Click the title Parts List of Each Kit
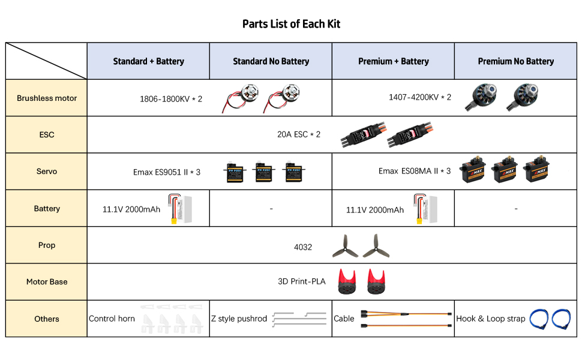(291, 24)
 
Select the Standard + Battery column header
(148, 61)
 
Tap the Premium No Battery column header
(515, 61)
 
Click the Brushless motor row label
(47, 98)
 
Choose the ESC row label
(47, 134)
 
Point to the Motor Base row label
(47, 281)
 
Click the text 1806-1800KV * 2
(170, 98)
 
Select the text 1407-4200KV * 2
(419, 97)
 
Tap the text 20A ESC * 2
(298, 134)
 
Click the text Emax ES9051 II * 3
(166, 172)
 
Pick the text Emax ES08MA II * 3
(414, 171)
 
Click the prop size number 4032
(302, 247)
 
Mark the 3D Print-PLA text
(301, 281)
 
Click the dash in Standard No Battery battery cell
(271, 209)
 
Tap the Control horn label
(112, 319)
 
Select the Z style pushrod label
(239, 319)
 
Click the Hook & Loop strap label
(490, 319)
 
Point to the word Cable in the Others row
(344, 319)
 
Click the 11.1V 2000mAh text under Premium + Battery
(374, 210)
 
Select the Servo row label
(47, 172)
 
